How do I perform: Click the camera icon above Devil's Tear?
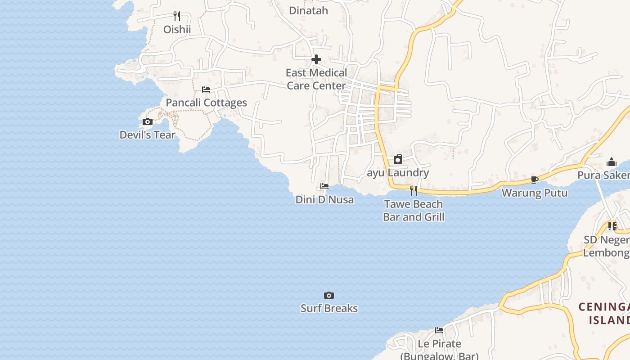[148, 121]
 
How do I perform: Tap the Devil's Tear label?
[148, 135]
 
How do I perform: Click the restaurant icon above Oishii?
[177, 16]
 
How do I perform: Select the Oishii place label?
[177, 29]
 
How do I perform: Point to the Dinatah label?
[308, 10]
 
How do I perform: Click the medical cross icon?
[316, 59]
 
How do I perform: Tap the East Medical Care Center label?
[316, 79]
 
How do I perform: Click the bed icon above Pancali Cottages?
[206, 90]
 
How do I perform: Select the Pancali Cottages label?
[206, 103]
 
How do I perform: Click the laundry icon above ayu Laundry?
[398, 159]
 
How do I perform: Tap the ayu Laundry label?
[398, 172]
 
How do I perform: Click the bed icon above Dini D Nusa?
[324, 186]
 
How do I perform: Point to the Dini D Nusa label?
[324, 199]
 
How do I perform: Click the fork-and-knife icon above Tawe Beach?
[414, 191]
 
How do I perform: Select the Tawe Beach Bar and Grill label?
[414, 210]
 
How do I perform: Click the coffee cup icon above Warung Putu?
[535, 180]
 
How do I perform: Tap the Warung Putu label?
[535, 193]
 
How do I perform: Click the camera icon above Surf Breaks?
[329, 295]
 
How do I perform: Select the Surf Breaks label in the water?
[329, 308]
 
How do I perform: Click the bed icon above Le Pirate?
[439, 330]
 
